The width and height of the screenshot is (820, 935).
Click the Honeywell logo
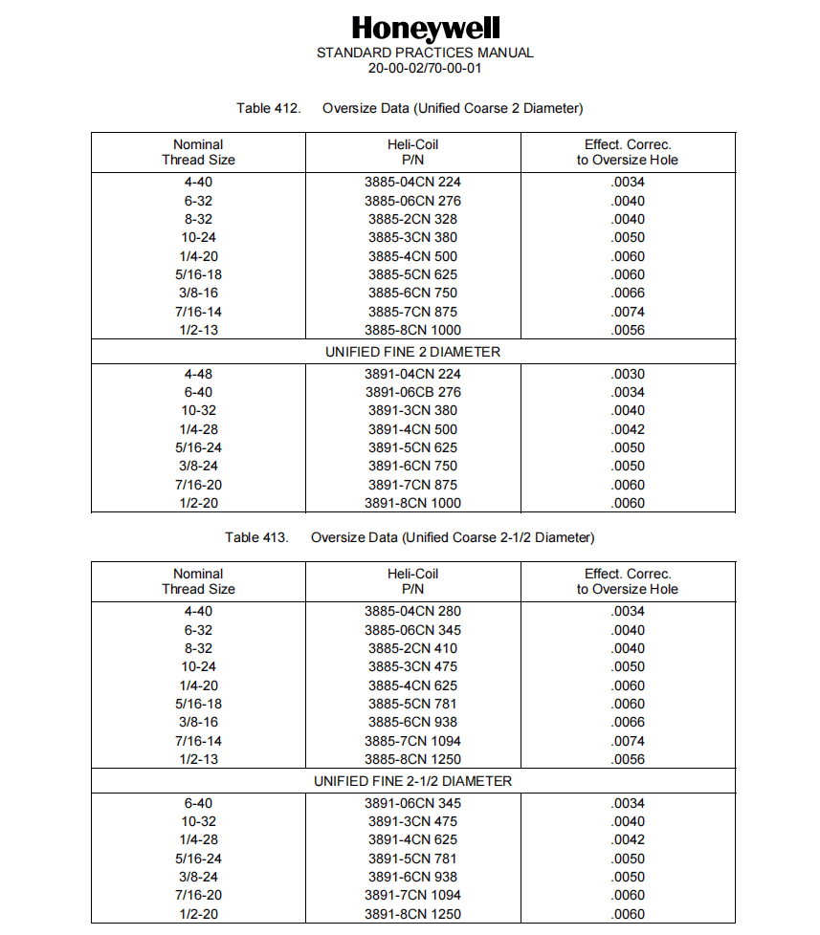tap(425, 28)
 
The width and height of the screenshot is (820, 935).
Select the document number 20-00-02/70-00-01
tap(425, 68)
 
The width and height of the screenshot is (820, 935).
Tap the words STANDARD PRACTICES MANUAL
tap(425, 53)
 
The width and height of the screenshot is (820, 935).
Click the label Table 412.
tap(269, 108)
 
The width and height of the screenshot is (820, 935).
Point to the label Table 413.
tap(257, 537)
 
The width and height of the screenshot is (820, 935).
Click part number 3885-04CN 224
tap(412, 182)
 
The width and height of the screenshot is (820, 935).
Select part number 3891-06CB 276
tap(412, 392)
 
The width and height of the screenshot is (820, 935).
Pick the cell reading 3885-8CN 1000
tap(412, 330)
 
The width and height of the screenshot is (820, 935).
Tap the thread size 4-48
tap(198, 374)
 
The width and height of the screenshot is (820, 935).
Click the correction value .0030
tap(628, 374)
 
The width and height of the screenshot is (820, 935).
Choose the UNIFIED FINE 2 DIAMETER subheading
tap(412, 352)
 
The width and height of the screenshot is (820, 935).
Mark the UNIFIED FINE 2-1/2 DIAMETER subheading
tap(412, 781)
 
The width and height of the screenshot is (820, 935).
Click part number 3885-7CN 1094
tap(412, 741)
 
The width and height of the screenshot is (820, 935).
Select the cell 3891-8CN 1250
tap(412, 914)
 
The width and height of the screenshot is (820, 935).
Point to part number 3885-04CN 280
tap(412, 611)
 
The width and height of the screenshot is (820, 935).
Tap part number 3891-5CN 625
tap(412, 447)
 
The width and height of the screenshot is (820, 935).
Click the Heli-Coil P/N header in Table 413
tap(412, 581)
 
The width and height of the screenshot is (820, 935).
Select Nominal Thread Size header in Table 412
tap(198, 152)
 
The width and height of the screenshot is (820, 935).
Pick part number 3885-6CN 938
tap(412, 723)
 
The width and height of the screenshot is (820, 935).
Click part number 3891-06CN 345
tap(412, 803)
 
